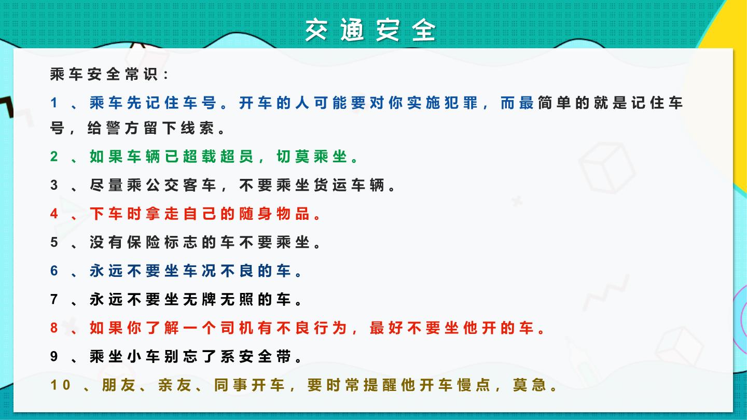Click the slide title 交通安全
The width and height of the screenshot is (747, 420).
coord(370,30)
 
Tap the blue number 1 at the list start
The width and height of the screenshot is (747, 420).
coord(54,103)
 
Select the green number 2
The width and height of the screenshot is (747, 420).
coord(54,157)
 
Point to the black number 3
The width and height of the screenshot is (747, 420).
coord(54,185)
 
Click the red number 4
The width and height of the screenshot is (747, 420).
coord(54,214)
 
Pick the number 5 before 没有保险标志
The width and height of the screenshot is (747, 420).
coord(54,242)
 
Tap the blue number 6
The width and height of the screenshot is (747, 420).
coord(54,271)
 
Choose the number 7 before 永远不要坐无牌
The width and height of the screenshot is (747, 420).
coord(54,299)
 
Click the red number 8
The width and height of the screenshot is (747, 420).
coord(54,328)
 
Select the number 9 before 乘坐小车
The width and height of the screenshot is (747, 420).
coord(54,357)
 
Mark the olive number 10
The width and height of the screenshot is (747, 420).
coord(60,385)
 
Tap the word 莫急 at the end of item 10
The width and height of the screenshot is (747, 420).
coord(530,385)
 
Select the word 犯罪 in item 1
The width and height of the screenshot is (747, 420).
coord(462,103)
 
